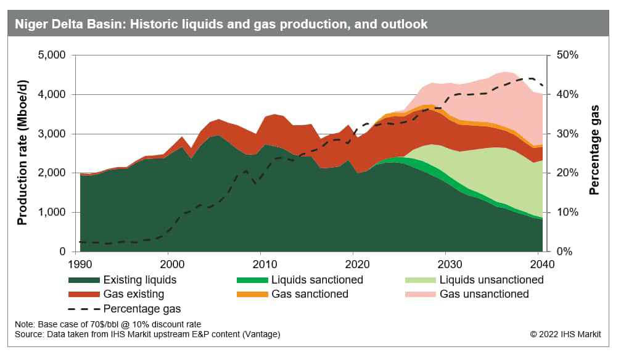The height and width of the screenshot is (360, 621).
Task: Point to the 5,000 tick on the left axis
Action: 52,55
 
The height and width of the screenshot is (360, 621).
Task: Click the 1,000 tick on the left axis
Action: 52,212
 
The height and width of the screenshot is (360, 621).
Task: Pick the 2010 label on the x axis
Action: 261,263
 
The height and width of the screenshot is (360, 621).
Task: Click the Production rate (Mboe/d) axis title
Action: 22,153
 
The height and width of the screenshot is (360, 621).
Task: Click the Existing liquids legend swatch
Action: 84,280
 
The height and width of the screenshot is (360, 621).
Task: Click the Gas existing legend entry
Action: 133,294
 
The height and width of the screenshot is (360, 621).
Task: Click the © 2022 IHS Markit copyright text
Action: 565,334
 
